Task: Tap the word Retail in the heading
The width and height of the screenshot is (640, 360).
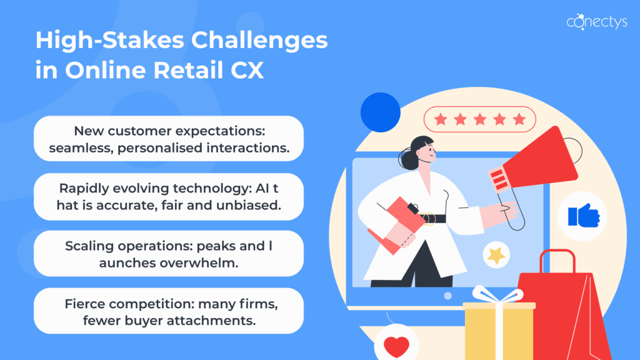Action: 181,71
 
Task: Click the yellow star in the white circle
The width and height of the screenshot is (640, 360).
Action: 496,254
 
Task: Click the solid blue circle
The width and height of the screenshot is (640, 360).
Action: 380,112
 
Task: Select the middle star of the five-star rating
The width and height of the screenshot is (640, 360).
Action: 479,119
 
